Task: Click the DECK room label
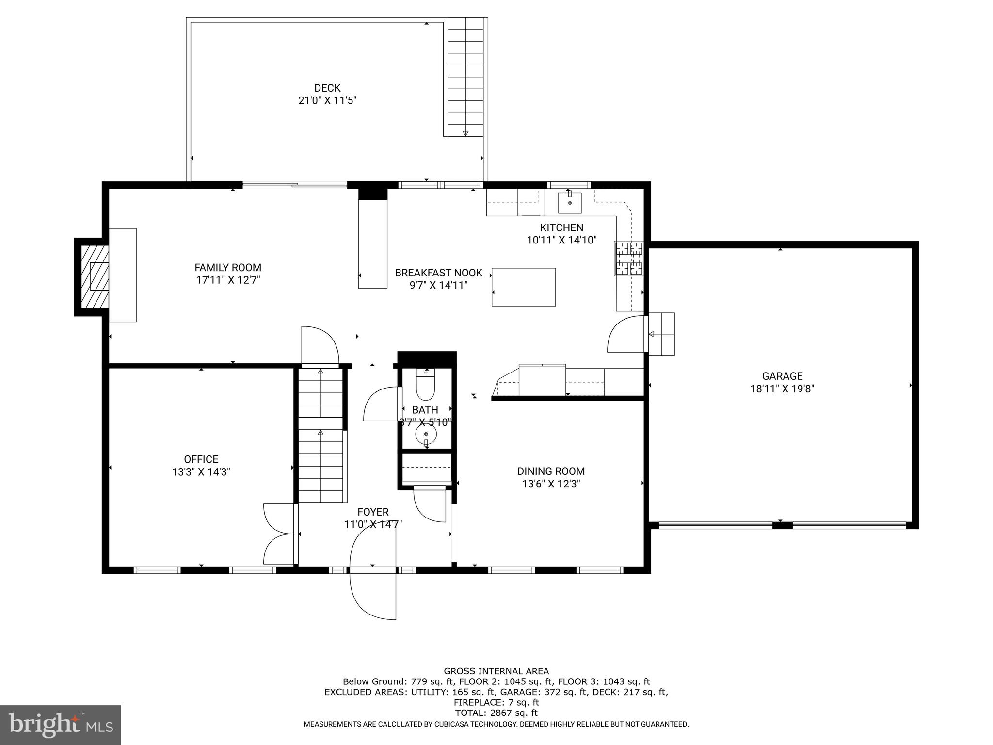point(327,88)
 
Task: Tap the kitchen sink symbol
point(569,202)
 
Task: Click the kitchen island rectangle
point(524,287)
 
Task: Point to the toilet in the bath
point(426,385)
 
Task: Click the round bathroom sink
point(426,435)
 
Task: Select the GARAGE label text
point(782,376)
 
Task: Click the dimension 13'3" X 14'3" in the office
point(201,472)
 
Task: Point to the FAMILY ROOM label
point(228,268)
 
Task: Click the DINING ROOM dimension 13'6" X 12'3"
point(551,484)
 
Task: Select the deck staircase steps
point(465,78)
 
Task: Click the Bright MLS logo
point(61,725)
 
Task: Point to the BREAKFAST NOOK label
point(438,273)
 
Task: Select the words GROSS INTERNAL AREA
point(496,671)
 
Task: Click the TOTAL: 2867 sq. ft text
point(496,713)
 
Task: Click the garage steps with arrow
point(662,334)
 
